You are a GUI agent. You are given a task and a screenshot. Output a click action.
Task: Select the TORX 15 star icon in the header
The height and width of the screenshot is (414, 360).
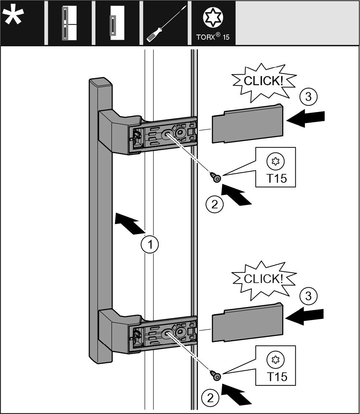(213, 18)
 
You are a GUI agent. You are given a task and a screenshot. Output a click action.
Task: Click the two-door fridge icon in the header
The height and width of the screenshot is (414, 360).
(69, 23)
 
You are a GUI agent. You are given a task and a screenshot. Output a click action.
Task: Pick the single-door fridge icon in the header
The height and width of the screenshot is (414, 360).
(117, 23)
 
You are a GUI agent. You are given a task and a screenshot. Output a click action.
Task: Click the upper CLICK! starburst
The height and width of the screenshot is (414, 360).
(264, 82)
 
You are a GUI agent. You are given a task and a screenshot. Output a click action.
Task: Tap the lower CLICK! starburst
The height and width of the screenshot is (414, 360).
(264, 280)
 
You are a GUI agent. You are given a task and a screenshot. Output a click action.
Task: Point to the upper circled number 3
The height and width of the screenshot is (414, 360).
(308, 97)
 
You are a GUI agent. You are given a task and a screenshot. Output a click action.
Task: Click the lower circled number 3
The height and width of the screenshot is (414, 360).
(308, 296)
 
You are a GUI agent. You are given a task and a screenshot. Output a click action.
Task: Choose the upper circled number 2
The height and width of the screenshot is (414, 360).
(214, 204)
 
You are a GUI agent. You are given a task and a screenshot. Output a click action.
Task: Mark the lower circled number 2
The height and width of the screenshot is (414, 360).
(210, 398)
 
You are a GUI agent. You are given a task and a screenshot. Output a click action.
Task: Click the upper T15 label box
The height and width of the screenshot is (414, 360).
(276, 167)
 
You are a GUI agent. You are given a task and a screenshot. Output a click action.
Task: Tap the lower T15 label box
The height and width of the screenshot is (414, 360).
(276, 366)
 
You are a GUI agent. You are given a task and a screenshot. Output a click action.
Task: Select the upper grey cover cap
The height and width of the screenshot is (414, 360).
(248, 123)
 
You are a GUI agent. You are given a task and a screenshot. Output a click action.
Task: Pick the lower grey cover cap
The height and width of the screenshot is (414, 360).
(248, 322)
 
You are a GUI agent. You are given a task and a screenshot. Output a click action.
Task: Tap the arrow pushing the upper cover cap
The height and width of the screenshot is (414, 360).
(305, 118)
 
